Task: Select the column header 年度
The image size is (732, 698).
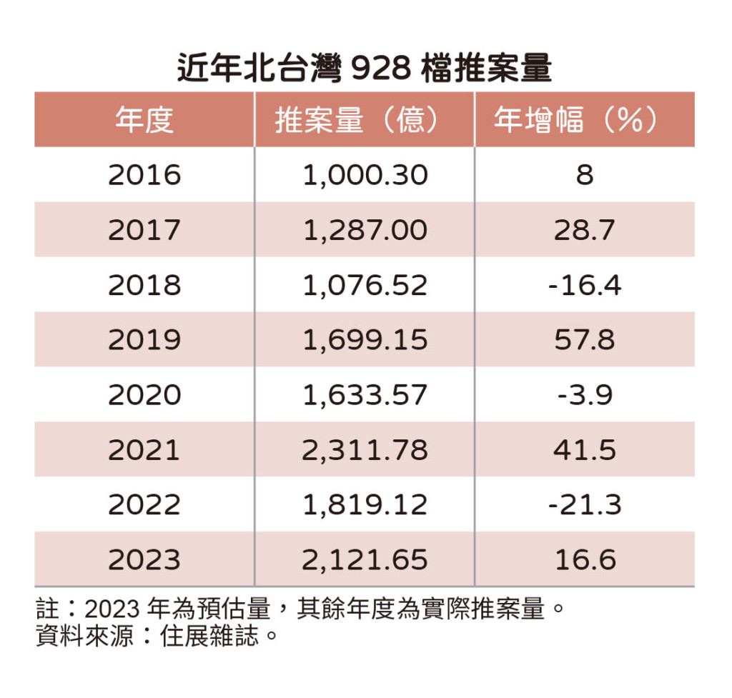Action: pyautogui.click(x=144, y=120)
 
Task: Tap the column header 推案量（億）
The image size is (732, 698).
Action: pyautogui.click(x=365, y=120)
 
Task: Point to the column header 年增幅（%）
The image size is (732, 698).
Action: pyautogui.click(x=584, y=120)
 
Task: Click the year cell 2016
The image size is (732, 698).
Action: pyautogui.click(x=144, y=175)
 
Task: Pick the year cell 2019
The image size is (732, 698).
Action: pyautogui.click(x=144, y=340)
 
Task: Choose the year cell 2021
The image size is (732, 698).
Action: pyautogui.click(x=144, y=450)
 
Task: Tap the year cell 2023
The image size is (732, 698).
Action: pyautogui.click(x=144, y=560)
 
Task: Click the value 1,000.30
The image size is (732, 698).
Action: pyautogui.click(x=365, y=175)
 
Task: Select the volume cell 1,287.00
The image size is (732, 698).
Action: pyautogui.click(x=365, y=230)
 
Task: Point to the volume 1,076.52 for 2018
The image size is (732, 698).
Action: pyautogui.click(x=365, y=285)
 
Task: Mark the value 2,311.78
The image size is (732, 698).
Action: pyautogui.click(x=365, y=450)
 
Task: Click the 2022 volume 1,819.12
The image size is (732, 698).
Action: pyautogui.click(x=365, y=505)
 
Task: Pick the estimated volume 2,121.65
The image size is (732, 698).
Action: pyautogui.click(x=365, y=560)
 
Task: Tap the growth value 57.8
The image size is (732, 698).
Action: pyautogui.click(x=584, y=340)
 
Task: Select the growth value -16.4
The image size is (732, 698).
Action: pyautogui.click(x=584, y=285)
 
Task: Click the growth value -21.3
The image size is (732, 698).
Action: pyautogui.click(x=584, y=505)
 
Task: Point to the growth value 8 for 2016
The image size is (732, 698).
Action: pyautogui.click(x=584, y=175)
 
